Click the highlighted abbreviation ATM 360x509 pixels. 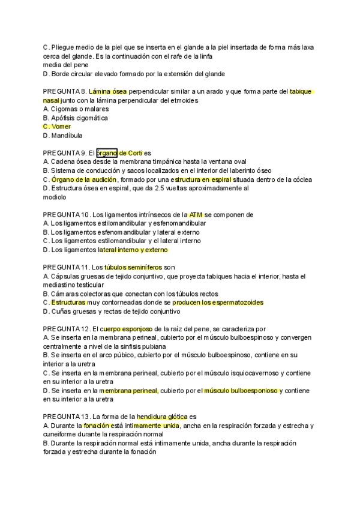coord(196,214)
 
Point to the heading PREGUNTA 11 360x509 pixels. coord(65,267)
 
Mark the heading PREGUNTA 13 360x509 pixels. coord(65,417)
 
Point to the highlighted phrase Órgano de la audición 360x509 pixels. coord(85,179)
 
